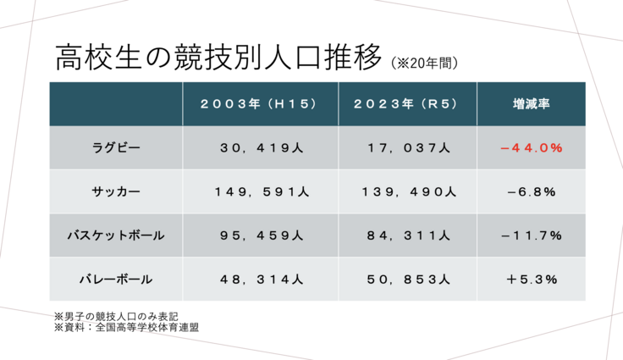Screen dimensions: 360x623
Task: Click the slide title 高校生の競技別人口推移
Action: click(218, 58)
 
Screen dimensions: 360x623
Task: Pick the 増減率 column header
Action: click(531, 104)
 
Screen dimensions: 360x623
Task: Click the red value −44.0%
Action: click(531, 148)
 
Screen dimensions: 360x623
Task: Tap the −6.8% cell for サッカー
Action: click(531, 191)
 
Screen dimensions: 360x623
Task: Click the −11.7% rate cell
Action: click(531, 235)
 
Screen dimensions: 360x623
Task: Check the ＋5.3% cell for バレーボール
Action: click(531, 278)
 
